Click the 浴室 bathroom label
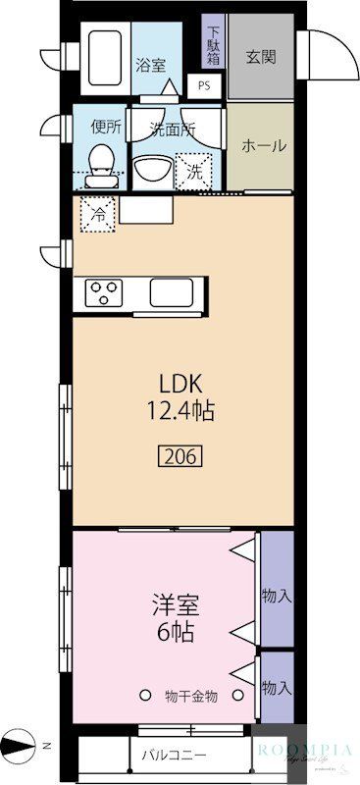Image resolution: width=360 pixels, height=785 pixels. tap(150, 66)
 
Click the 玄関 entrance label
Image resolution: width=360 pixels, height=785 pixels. tap(260, 56)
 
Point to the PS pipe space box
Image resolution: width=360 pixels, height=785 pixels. tap(204, 85)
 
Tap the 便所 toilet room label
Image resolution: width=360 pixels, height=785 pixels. tap(106, 127)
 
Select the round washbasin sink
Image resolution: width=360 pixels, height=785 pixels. tap(151, 169)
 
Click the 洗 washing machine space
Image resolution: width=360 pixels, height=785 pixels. tap(194, 168)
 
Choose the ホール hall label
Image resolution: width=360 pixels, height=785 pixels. tap(263, 145)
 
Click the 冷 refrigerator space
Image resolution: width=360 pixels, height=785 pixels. tap(98, 210)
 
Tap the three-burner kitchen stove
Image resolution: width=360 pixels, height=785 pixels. tap(102, 291)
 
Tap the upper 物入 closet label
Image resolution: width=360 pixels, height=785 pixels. tap(277, 596)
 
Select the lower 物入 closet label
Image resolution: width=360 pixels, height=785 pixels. tap(277, 688)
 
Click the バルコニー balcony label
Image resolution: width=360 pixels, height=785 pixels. tap(173, 756)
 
